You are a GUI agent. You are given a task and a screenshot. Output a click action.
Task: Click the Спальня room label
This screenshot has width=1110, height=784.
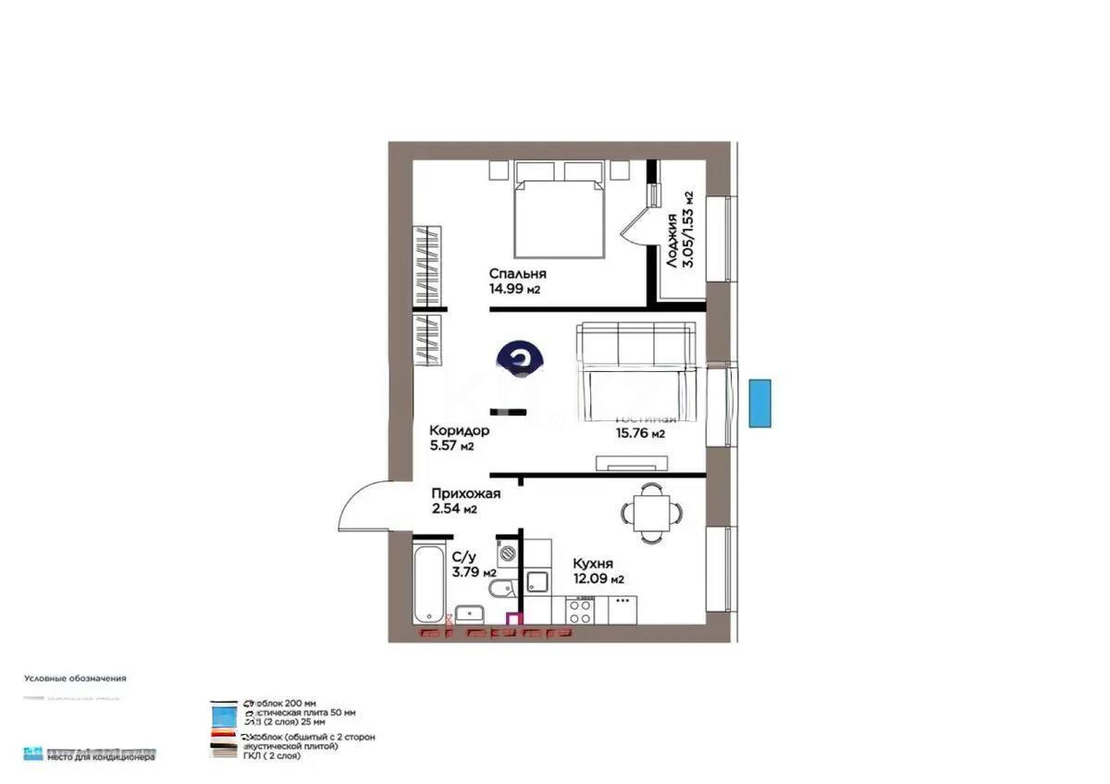[x=518, y=274]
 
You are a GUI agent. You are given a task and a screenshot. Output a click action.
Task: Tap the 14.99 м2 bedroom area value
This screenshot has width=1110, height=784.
[x=514, y=289]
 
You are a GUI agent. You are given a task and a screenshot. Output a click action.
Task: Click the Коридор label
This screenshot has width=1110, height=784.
[x=459, y=430]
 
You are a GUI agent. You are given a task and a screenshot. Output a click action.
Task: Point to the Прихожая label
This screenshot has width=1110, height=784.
[x=466, y=493]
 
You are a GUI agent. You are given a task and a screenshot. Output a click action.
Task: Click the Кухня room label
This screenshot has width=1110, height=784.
[x=593, y=563]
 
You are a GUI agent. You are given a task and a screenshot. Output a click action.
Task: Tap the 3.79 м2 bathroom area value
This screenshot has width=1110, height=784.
[x=474, y=572]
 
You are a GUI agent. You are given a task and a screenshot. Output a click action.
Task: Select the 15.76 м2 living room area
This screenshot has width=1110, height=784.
[x=640, y=432]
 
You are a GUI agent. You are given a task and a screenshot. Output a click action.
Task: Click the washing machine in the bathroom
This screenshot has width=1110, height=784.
[x=508, y=554]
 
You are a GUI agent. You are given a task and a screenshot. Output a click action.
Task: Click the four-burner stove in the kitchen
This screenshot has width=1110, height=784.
[x=580, y=610]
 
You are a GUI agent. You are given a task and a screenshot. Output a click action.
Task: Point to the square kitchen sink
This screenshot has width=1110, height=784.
[x=537, y=582]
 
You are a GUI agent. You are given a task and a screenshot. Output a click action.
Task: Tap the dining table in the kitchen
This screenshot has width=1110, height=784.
[x=652, y=511]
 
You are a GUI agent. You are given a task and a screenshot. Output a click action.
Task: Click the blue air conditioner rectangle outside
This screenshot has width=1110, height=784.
[x=759, y=404]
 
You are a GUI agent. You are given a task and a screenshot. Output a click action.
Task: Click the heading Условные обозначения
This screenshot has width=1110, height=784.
[x=75, y=678]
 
